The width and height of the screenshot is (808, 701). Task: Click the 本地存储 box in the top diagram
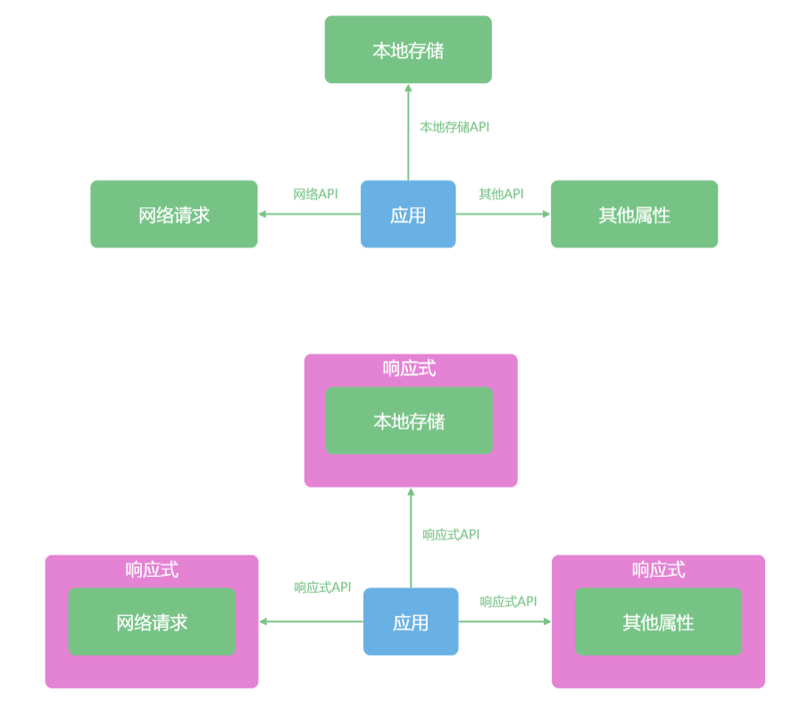tap(408, 50)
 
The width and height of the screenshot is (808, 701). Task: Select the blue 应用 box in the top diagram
tap(408, 214)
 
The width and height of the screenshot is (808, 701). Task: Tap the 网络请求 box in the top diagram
tap(174, 214)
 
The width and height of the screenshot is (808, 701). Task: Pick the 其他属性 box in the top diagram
tap(634, 214)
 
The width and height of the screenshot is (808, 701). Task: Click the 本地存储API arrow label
tap(454, 127)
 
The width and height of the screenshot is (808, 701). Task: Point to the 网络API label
tap(315, 194)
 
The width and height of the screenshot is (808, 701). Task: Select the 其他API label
tap(501, 194)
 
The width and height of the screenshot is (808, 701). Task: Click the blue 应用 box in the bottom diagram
tap(411, 622)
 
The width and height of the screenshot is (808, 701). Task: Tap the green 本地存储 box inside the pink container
tap(409, 421)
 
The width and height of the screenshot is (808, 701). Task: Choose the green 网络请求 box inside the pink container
tap(152, 622)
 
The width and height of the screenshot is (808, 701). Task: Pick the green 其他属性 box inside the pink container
tap(658, 622)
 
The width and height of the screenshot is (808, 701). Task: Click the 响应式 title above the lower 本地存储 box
tap(410, 368)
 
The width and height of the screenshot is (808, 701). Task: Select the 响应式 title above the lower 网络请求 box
tap(152, 570)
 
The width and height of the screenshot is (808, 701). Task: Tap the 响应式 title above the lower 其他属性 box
tap(658, 570)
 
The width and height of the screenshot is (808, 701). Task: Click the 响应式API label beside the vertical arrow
tap(451, 534)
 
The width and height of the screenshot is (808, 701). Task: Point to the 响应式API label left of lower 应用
tap(322, 587)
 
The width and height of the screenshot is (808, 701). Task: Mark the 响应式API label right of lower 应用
tap(508, 601)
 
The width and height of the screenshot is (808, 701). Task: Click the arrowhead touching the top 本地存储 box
tap(408, 88)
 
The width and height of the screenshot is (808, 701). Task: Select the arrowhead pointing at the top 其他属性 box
tap(546, 214)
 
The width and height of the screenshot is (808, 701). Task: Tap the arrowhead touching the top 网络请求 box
tap(262, 214)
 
